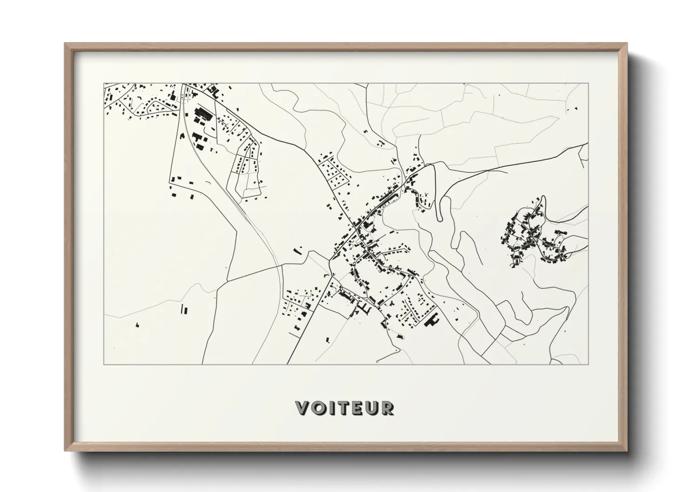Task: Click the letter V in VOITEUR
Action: [x=303, y=408]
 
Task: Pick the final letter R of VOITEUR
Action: [x=387, y=408]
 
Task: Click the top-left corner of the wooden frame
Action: [x=66, y=44]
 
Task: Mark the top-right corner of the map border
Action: [x=589, y=84]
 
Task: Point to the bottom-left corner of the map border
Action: [x=104, y=364]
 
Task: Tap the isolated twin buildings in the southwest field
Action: [x=184, y=309]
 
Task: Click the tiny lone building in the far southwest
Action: [x=137, y=324]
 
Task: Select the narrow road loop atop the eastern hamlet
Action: [x=542, y=203]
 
